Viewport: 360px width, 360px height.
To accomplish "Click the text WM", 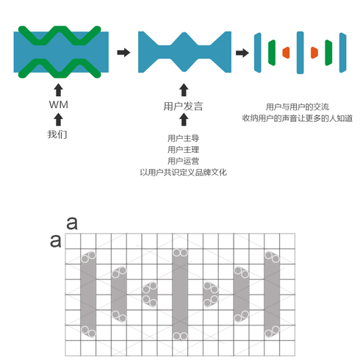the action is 59,104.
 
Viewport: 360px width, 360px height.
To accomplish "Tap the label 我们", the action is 57,134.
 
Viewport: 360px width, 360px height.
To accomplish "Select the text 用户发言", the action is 183,107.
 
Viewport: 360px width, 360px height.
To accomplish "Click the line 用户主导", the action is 183,138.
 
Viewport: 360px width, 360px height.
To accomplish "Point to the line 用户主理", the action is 183,149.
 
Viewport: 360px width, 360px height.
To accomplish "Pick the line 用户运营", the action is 183,161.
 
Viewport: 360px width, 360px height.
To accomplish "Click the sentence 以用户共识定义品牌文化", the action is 183,173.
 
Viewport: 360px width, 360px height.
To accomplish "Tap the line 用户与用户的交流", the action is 298,107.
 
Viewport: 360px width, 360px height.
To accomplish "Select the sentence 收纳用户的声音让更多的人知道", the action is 298,118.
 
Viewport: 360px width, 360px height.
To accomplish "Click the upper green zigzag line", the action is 60,29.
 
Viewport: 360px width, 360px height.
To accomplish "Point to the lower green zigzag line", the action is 60,75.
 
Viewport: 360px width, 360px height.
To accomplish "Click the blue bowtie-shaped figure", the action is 184,52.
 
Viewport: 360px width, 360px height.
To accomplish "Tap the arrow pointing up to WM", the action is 58,90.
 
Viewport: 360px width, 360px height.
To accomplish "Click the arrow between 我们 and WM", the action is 58,120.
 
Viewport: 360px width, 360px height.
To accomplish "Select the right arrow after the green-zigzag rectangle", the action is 123,52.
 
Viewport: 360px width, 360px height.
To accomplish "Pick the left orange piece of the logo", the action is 287,53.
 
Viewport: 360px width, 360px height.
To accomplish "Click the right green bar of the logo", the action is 328,53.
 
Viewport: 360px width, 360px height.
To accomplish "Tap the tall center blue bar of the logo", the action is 300,53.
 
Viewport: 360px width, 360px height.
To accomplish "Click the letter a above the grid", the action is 72,223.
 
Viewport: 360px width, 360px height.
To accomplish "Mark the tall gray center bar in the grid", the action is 180,295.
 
